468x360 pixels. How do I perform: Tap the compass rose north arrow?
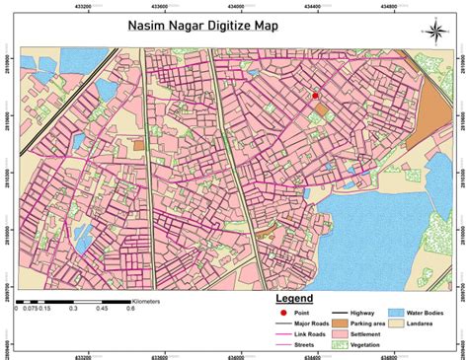[x=435, y=30]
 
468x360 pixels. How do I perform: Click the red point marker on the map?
[x=315, y=96]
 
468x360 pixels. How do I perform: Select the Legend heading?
[x=294, y=298]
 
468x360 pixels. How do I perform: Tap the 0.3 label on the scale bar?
[x=72, y=308]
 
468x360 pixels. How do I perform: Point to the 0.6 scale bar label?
[x=129, y=308]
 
